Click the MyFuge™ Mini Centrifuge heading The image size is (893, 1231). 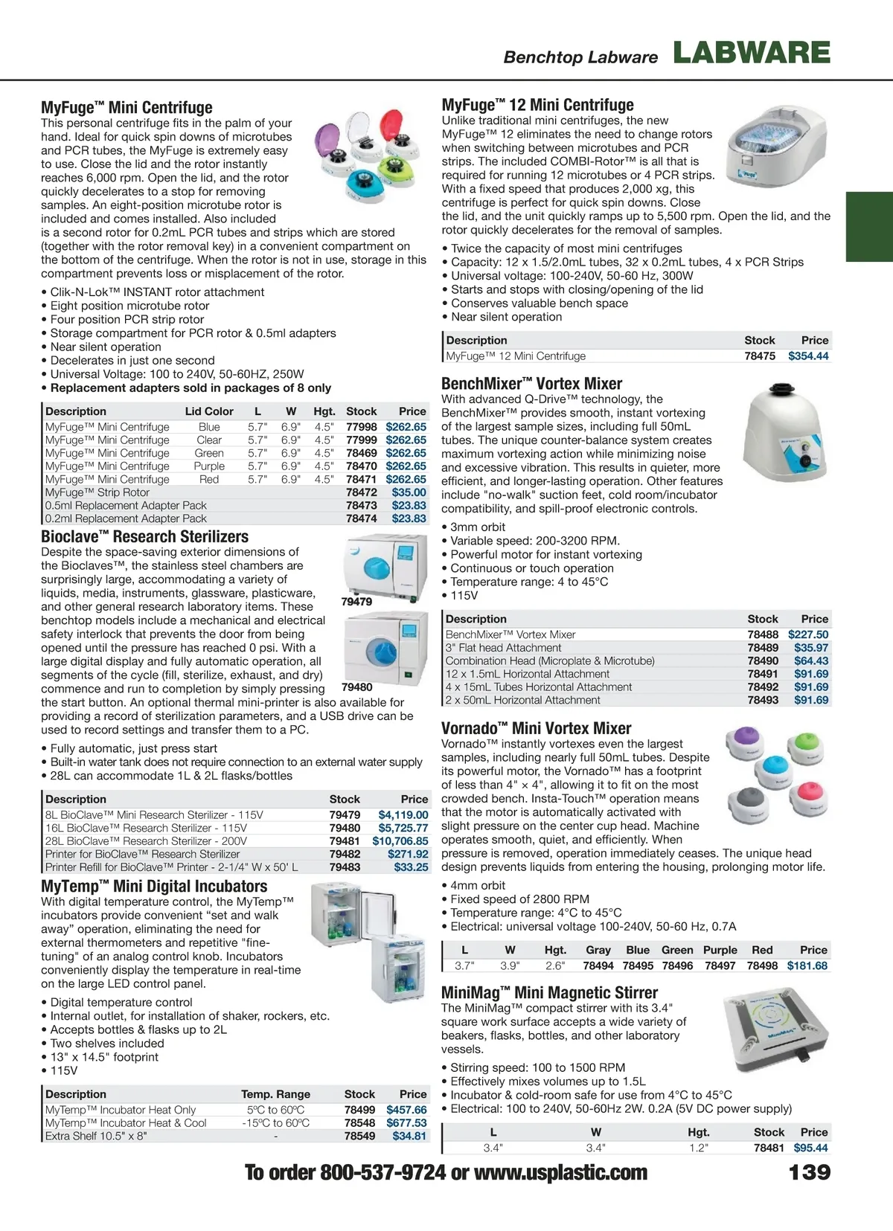coord(127,108)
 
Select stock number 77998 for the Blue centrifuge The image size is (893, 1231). coord(362,427)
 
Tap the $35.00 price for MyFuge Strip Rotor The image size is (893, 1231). coord(409,492)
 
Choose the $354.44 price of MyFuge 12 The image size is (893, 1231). coord(808,356)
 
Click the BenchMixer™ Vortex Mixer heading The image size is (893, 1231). coord(531,384)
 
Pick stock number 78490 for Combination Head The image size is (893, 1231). coord(763,661)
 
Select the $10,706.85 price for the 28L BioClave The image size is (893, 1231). coord(400,841)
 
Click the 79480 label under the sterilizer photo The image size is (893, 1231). coord(357,687)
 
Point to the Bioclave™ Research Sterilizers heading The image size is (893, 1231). coord(144,537)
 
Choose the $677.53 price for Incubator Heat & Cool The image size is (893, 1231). coord(406,1123)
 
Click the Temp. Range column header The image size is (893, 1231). coord(275,1094)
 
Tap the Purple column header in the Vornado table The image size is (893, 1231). coord(720,950)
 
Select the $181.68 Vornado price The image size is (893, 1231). coord(807,965)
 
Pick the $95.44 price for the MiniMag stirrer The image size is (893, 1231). coord(810,1148)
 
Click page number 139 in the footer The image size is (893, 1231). coord(809,1172)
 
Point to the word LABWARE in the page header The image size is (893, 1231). coord(752,53)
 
